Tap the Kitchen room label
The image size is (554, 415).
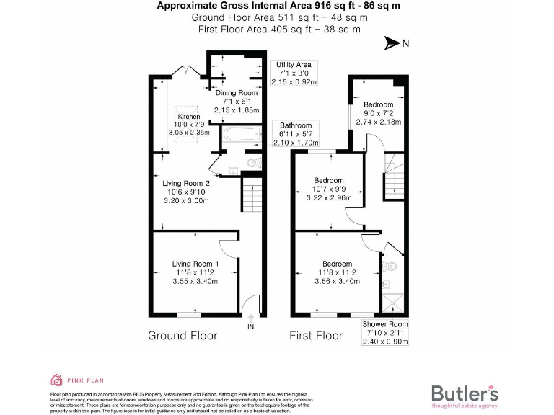[189, 125]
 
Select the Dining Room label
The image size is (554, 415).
[237, 102]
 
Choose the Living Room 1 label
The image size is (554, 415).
[195, 273]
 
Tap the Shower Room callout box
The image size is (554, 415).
[384, 333]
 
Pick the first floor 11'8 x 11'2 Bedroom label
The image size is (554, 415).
[337, 272]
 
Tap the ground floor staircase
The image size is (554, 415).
[250, 195]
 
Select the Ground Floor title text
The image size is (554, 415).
[182, 336]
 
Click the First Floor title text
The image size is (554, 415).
[315, 336]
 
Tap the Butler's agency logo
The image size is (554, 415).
[464, 395]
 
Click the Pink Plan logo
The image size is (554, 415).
[70, 380]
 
